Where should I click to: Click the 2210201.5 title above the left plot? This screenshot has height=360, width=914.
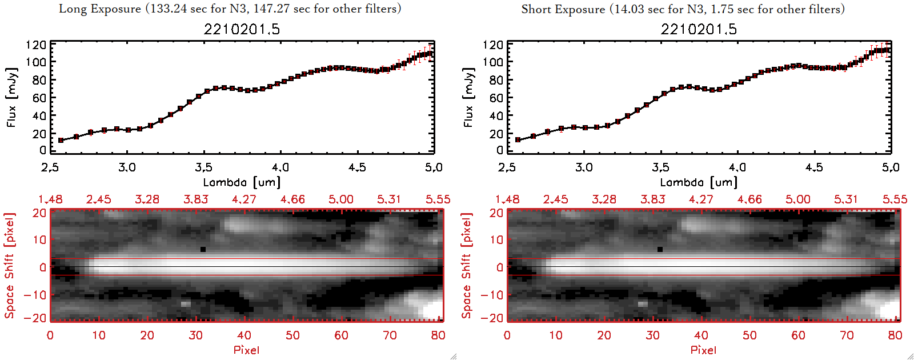pyautogui.click(x=242, y=29)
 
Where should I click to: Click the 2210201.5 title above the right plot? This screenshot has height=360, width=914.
pyautogui.click(x=699, y=29)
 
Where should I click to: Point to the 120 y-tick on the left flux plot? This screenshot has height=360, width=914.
pyautogui.click(x=35, y=45)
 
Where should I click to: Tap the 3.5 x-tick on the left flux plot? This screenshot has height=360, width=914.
pyautogui.click(x=204, y=167)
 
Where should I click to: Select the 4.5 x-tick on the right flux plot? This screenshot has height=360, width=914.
pyautogui.click(x=814, y=167)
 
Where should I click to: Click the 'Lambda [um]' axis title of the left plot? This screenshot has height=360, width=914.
pyautogui.click(x=242, y=182)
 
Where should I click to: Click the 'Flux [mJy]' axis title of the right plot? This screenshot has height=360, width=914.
pyautogui.click(x=469, y=97)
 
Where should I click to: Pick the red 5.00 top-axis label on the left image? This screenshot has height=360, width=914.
pyautogui.click(x=341, y=199)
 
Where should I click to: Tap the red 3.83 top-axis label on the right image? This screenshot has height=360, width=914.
pyautogui.click(x=653, y=199)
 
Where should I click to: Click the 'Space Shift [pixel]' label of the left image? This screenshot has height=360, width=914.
pyautogui.click(x=10, y=266)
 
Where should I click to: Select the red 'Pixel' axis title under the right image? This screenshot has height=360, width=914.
pyautogui.click(x=703, y=350)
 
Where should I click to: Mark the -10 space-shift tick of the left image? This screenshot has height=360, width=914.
pyautogui.click(x=35, y=295)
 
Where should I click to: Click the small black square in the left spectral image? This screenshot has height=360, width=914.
pyautogui.click(x=203, y=249)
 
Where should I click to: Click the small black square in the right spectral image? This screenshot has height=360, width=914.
pyautogui.click(x=660, y=249)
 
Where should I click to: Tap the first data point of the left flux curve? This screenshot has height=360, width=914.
pyautogui.click(x=61, y=140)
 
